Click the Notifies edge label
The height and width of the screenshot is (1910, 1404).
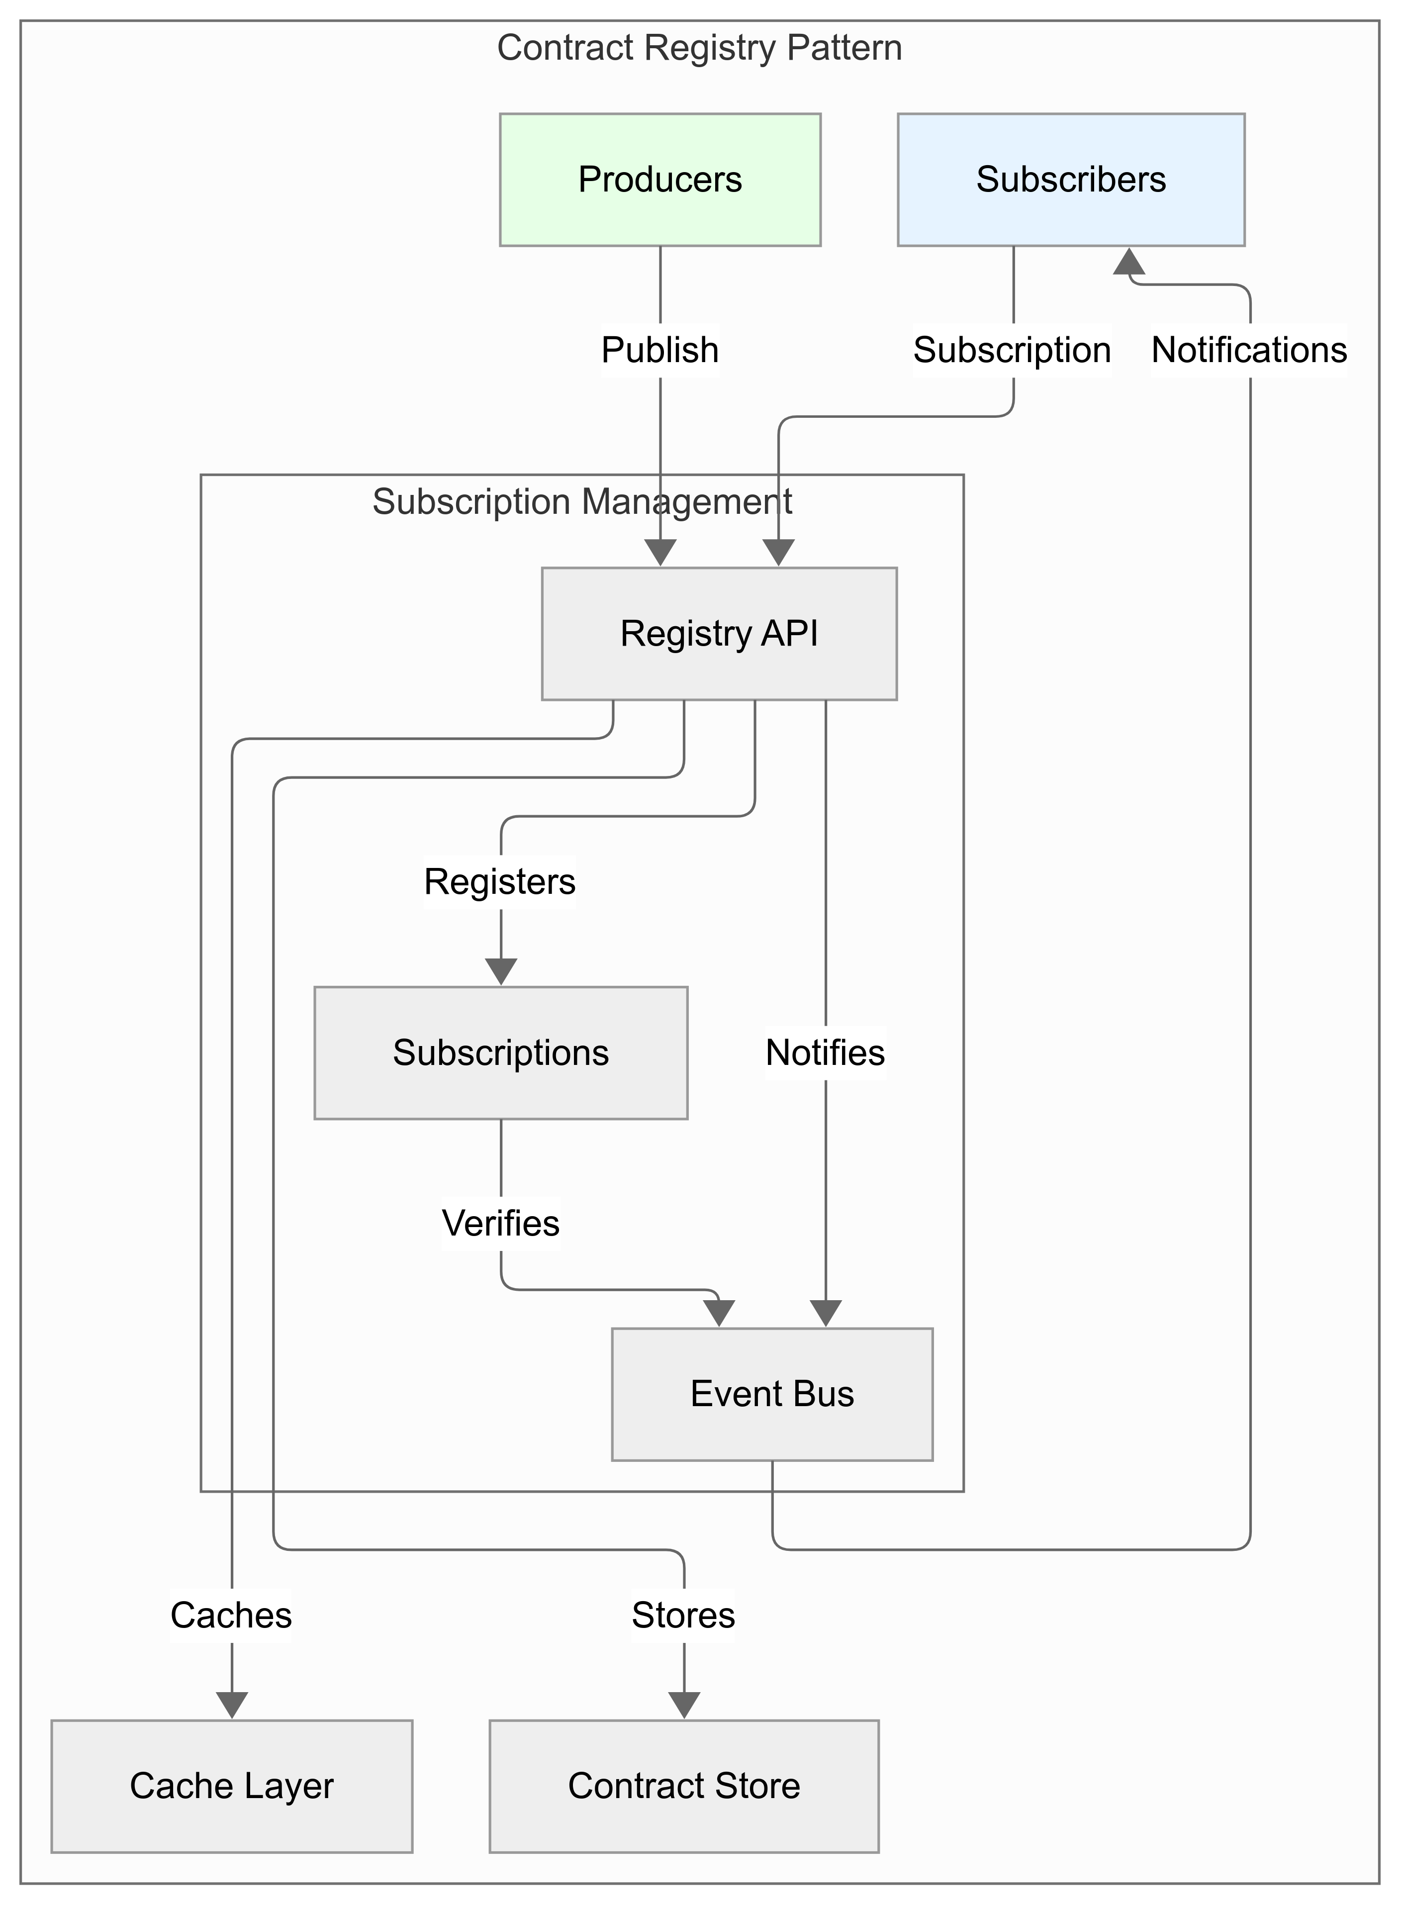click(825, 1052)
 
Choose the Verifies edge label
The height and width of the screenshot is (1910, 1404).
click(501, 1223)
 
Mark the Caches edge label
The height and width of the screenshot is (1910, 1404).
click(231, 1615)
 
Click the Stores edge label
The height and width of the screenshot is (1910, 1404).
click(683, 1615)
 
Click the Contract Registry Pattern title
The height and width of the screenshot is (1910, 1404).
click(699, 48)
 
